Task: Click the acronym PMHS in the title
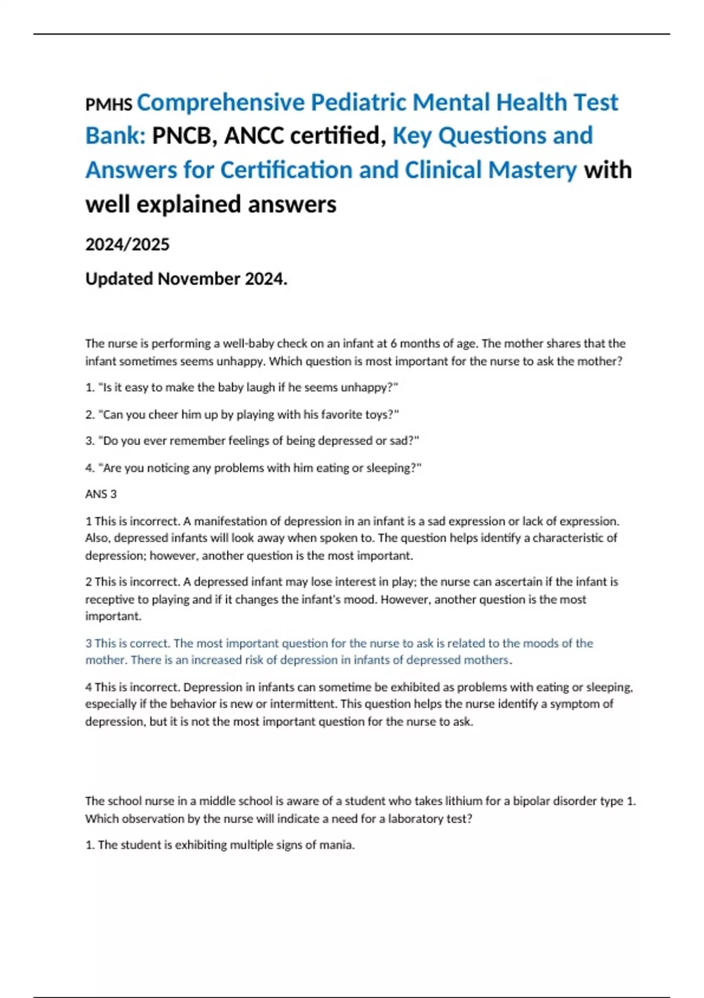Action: click(109, 105)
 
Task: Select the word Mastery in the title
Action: click(533, 170)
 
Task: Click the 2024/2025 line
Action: click(127, 244)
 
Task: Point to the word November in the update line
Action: click(199, 279)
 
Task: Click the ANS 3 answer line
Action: click(101, 494)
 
